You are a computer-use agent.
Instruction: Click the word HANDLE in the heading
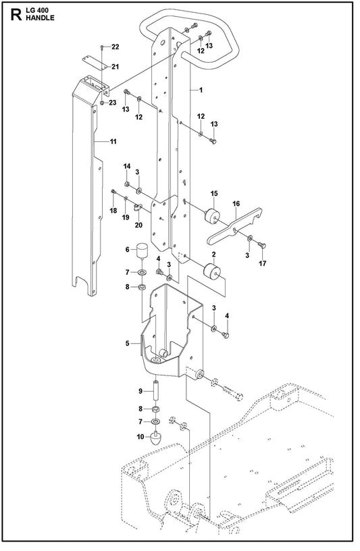click(x=40, y=18)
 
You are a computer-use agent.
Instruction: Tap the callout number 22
click(x=115, y=47)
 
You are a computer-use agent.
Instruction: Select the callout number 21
click(x=115, y=66)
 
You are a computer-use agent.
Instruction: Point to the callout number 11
click(x=113, y=142)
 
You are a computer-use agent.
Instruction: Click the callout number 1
click(x=201, y=90)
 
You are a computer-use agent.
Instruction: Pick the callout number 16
click(x=236, y=203)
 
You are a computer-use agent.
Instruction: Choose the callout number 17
click(x=263, y=263)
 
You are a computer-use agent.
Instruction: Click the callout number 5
click(x=128, y=343)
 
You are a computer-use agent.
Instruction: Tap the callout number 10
click(x=140, y=437)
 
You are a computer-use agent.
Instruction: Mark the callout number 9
click(x=140, y=390)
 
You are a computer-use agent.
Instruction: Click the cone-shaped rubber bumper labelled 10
click(x=156, y=439)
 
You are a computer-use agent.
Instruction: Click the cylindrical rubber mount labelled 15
click(x=212, y=215)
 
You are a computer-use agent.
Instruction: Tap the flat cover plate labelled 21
click(x=95, y=62)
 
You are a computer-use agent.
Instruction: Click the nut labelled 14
click(x=127, y=184)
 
